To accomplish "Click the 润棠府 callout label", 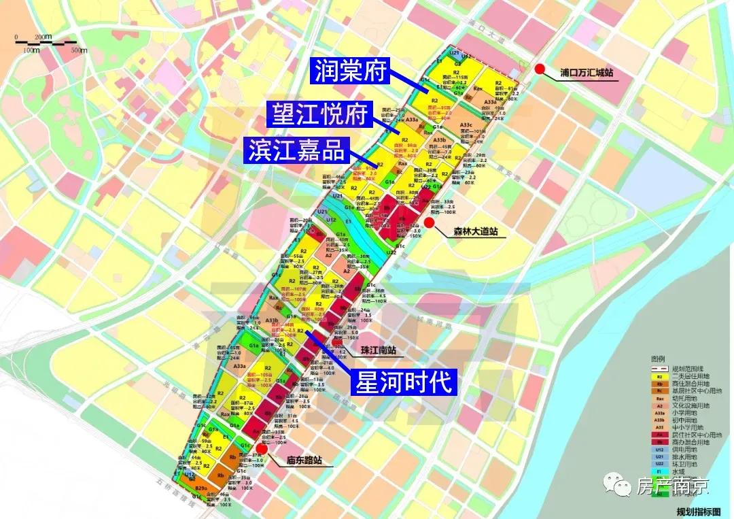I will (349, 71).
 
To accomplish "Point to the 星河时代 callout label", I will (402, 382).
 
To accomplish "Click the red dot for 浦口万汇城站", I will (540, 69).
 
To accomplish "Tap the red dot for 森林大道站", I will (430, 222).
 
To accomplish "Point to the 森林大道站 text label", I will (475, 232).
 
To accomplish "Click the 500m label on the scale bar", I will (80, 50).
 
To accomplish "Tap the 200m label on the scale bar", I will (43, 36).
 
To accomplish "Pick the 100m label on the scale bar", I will (31, 50).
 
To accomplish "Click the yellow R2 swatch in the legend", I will (659, 375).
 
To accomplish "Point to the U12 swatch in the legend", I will (659, 449).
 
